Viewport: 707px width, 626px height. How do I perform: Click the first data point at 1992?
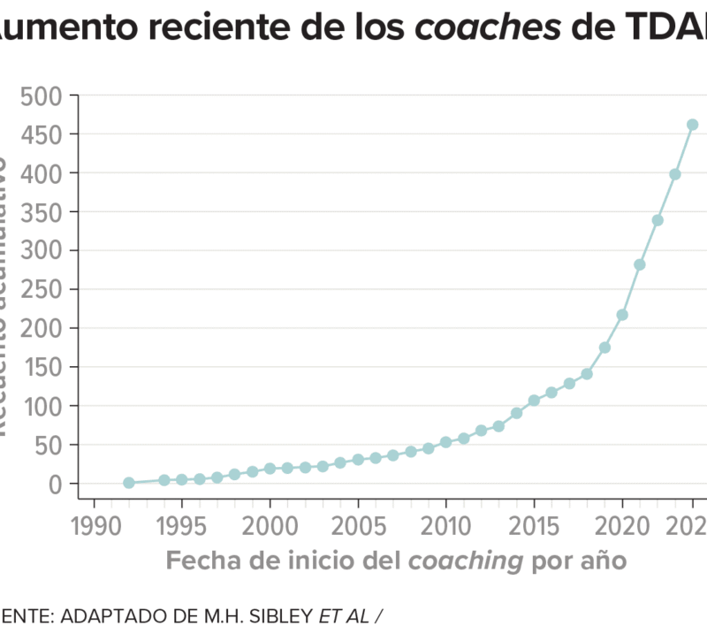click(129, 483)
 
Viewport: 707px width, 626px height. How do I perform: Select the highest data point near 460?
click(693, 125)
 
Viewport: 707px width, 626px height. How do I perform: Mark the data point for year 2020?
click(622, 315)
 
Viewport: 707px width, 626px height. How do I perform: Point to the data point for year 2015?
click(534, 401)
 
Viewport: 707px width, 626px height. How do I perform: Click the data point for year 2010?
click(445, 442)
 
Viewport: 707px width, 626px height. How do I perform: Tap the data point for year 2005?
click(358, 460)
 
